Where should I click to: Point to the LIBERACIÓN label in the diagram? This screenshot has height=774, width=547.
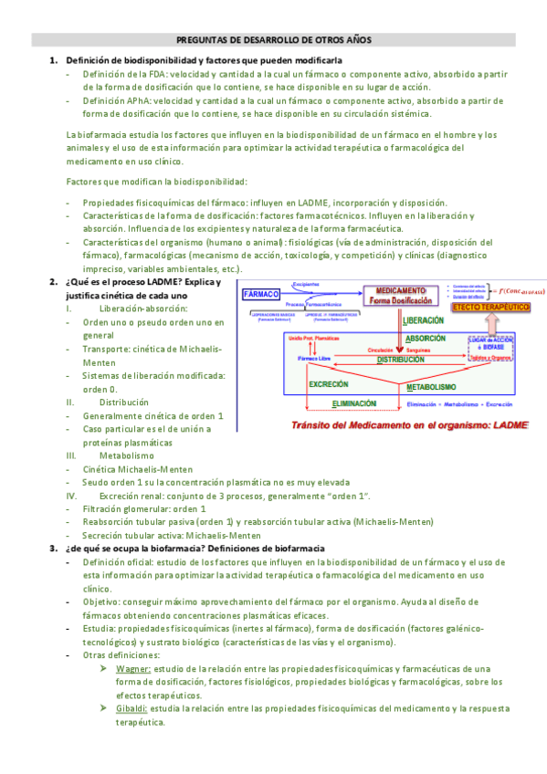point(424,320)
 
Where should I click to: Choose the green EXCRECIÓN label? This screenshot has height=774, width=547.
point(328,384)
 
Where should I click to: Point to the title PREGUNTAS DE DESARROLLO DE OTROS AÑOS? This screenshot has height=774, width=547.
point(274,40)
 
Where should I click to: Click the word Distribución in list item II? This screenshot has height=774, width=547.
point(123,402)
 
